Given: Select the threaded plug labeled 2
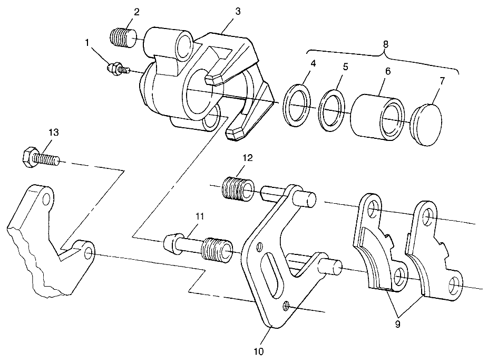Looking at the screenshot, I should (x=123, y=38).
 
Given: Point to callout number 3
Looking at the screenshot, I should (x=239, y=12).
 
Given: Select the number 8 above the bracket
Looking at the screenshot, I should (x=385, y=44).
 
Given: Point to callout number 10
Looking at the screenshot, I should (x=259, y=349).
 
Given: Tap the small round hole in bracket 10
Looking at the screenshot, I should (x=285, y=304).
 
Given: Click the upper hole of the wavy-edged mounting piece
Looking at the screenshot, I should (x=46, y=199).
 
